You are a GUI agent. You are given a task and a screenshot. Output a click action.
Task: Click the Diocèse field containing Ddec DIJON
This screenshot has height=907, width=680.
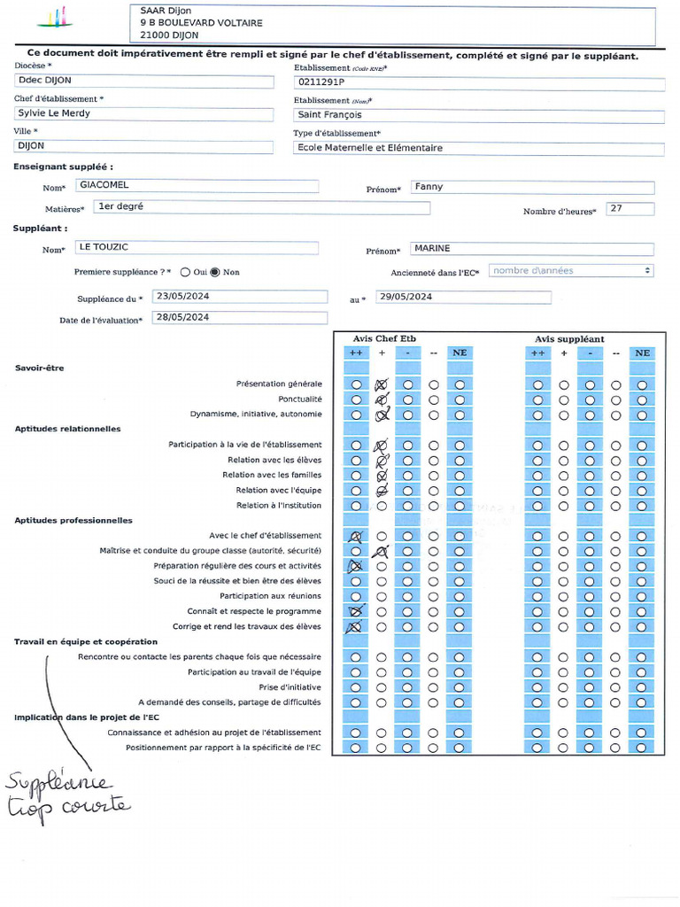(x=144, y=81)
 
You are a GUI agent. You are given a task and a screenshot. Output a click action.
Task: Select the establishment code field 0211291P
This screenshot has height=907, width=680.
(x=478, y=83)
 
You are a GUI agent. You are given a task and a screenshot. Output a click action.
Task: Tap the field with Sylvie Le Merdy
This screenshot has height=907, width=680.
(x=144, y=113)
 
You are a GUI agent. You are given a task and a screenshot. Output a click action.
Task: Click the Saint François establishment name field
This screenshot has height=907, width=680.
(x=478, y=115)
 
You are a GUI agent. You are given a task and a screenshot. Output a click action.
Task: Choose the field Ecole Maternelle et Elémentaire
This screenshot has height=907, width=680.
(x=478, y=148)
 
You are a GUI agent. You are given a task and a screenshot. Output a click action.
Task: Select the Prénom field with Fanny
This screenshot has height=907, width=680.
(x=532, y=187)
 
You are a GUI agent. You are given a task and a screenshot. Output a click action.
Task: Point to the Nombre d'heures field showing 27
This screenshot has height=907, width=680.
(x=630, y=209)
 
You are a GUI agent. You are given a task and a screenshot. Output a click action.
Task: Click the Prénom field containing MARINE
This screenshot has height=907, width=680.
(x=532, y=249)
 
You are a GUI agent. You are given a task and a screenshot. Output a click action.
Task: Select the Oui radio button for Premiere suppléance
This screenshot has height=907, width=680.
(x=185, y=272)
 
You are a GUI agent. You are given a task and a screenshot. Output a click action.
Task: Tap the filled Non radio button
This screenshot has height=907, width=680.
(x=214, y=272)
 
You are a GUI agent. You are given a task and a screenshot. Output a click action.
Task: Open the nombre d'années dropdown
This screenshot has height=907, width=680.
(x=571, y=271)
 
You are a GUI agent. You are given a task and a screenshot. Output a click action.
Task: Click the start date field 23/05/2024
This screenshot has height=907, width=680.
(x=239, y=297)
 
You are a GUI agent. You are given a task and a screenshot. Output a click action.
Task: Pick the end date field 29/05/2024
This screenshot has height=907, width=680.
(x=463, y=298)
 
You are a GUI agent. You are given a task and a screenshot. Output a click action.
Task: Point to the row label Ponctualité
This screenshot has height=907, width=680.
(x=299, y=399)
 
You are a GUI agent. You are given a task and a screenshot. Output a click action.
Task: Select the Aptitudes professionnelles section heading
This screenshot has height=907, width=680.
(x=73, y=521)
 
